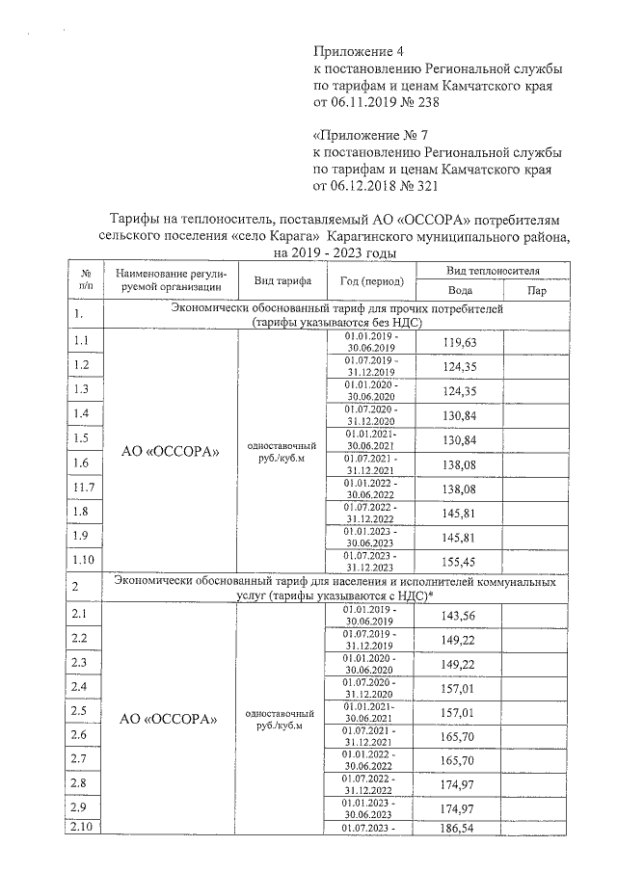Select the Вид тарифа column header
(282, 281)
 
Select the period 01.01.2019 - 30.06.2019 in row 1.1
(371, 342)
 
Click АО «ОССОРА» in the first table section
(170, 451)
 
